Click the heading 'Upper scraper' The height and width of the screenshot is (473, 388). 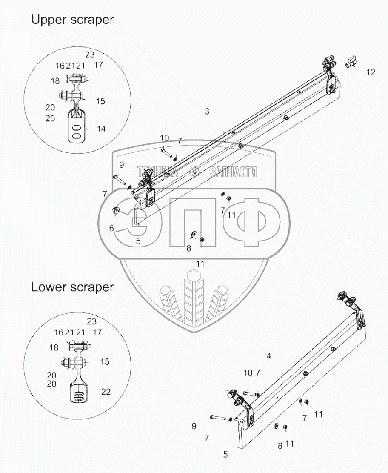[x=72, y=20]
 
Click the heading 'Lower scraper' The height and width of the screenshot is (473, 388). [x=72, y=287]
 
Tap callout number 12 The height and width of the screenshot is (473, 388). [x=371, y=72]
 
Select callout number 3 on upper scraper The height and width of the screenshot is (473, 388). [x=207, y=112]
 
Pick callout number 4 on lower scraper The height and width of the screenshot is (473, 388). [x=268, y=356]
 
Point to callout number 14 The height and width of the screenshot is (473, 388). [x=101, y=129]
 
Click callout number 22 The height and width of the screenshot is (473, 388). [x=106, y=392]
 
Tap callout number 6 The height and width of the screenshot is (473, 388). [x=111, y=229]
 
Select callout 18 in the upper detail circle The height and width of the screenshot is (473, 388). [x=55, y=81]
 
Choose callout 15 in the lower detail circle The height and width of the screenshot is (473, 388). [x=105, y=362]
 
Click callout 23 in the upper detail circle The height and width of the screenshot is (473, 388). [x=90, y=54]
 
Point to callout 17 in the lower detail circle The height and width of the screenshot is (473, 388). [x=97, y=332]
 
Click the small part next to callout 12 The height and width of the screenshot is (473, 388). [x=351, y=63]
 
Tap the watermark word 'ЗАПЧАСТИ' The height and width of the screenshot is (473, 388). [x=233, y=172]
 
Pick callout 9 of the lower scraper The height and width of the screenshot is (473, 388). [x=194, y=426]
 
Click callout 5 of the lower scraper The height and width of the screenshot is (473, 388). [x=225, y=455]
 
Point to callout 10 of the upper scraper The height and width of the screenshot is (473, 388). [x=165, y=138]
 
